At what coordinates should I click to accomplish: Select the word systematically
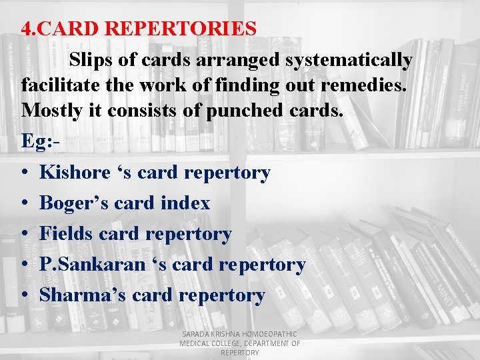pyautogui.click(x=349, y=59)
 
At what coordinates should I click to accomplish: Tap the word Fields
pyautogui.click(x=66, y=233)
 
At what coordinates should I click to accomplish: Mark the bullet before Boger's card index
pyautogui.click(x=24, y=203)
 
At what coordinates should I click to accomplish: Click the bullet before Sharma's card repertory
pyautogui.click(x=24, y=295)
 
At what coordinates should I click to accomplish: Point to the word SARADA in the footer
pyautogui.click(x=195, y=334)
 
